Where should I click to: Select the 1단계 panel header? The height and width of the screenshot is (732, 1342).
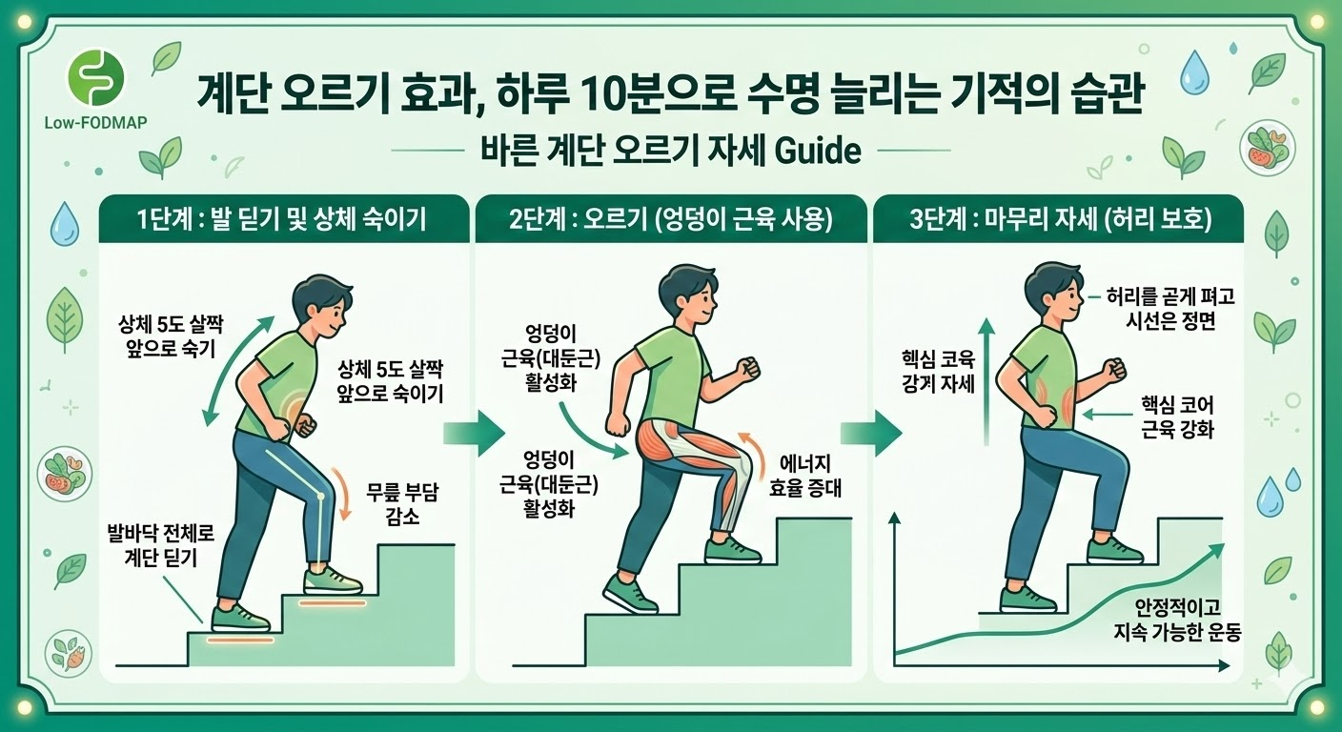283,220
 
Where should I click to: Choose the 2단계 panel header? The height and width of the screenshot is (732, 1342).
670,220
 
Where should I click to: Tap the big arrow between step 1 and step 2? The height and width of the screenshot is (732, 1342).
474,434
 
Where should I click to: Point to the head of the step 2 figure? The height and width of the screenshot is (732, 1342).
681,291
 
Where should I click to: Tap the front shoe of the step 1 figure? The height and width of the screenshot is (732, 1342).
333,580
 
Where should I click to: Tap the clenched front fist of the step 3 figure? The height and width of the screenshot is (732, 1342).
1113,369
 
